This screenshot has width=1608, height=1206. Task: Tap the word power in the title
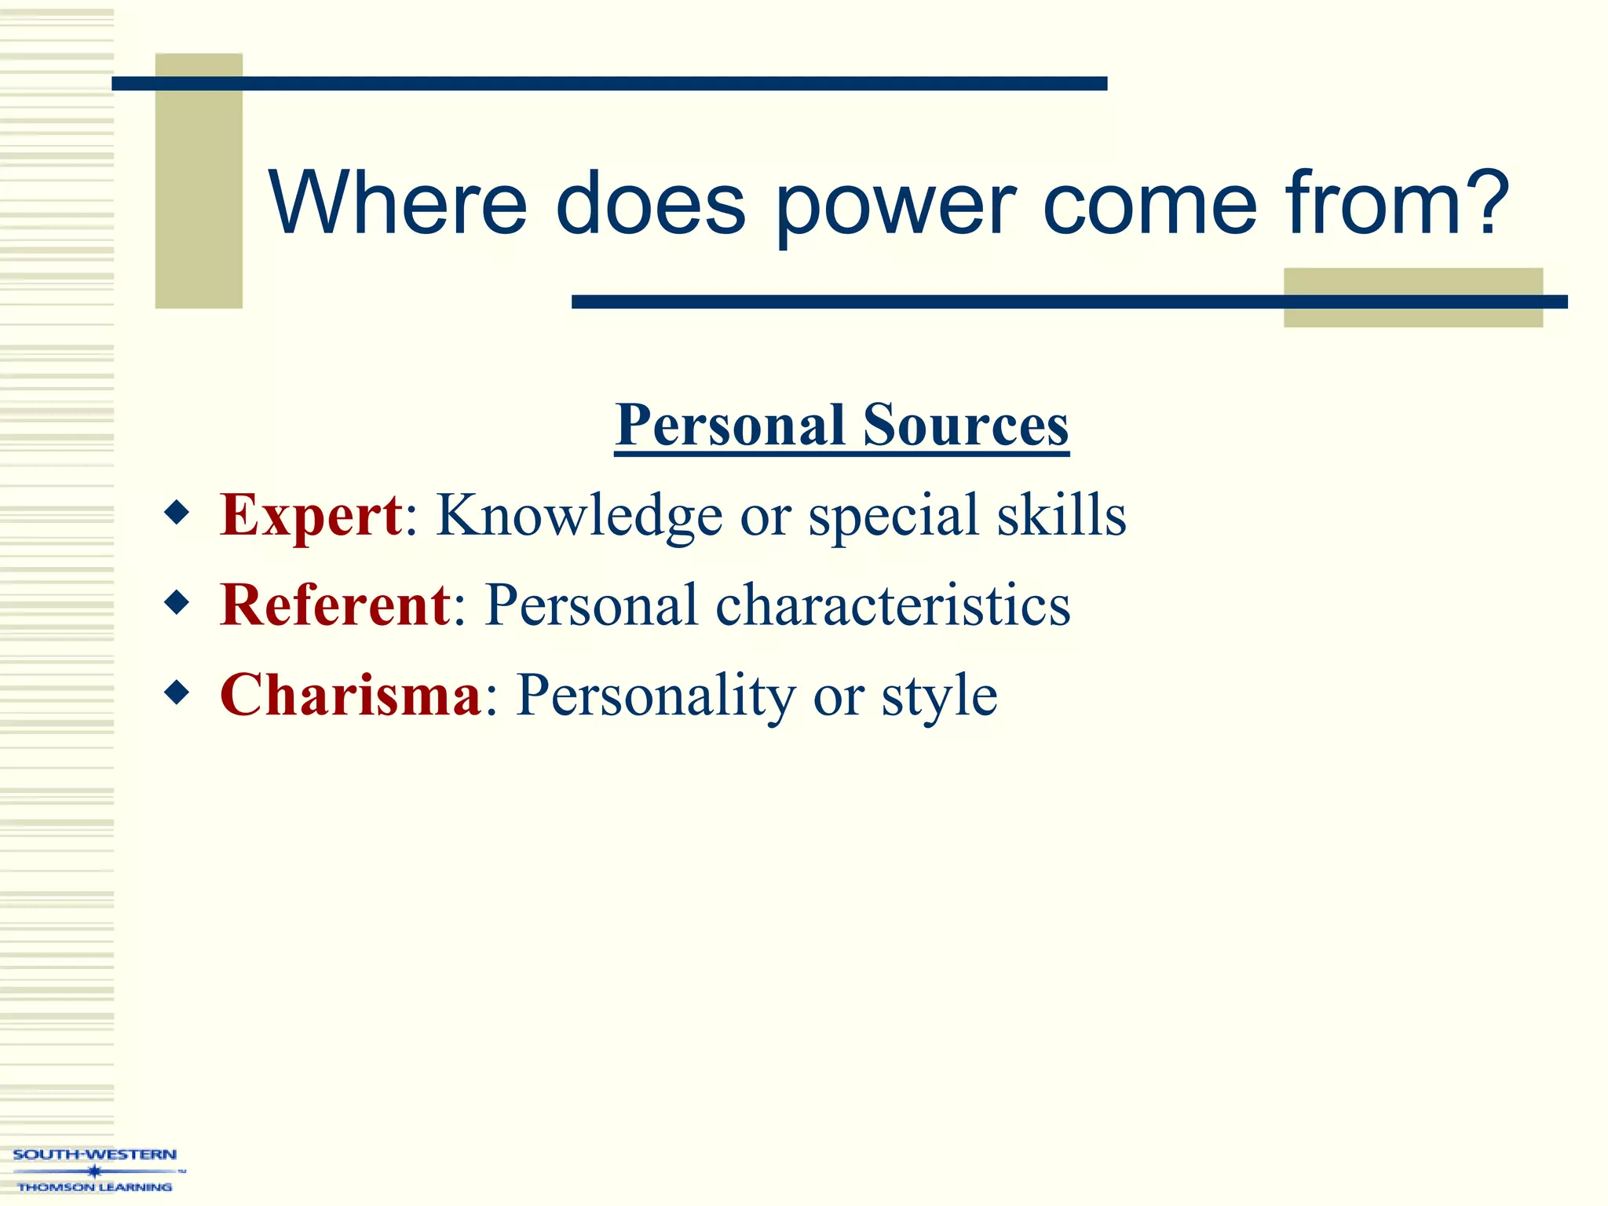click(896, 206)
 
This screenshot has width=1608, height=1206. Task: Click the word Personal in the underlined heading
click(730, 425)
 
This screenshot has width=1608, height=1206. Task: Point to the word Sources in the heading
click(966, 425)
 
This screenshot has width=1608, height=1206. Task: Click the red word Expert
click(311, 515)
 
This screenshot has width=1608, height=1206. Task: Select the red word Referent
click(335, 605)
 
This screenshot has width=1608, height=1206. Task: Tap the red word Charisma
click(350, 695)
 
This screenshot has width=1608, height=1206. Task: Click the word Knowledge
click(579, 515)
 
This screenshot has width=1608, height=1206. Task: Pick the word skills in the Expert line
click(1062, 515)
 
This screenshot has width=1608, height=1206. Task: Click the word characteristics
click(893, 605)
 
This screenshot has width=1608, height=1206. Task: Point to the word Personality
click(656, 696)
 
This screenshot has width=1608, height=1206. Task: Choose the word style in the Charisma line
click(939, 696)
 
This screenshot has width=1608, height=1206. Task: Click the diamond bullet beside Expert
click(177, 513)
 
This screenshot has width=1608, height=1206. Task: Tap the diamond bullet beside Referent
click(177, 603)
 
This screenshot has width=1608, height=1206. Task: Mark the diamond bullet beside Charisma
click(177, 693)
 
